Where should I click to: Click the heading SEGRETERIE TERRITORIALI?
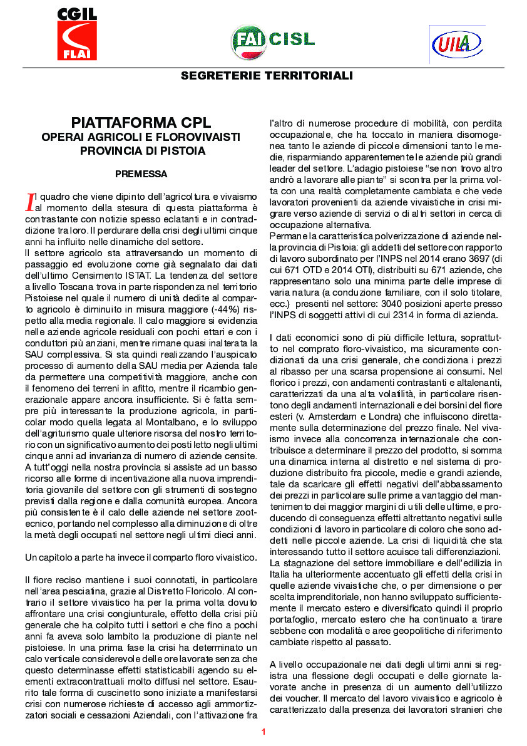pos(267,76)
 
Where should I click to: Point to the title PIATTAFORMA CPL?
pos(141,122)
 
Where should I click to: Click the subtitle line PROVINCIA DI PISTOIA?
pos(141,151)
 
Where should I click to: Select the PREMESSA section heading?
pos(141,172)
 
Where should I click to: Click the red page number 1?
pos(263,732)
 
